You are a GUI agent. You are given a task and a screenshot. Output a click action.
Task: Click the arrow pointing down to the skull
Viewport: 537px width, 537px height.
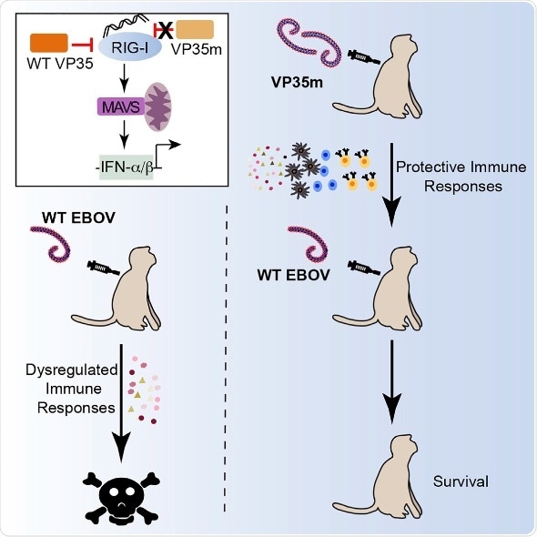click(121, 400)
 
